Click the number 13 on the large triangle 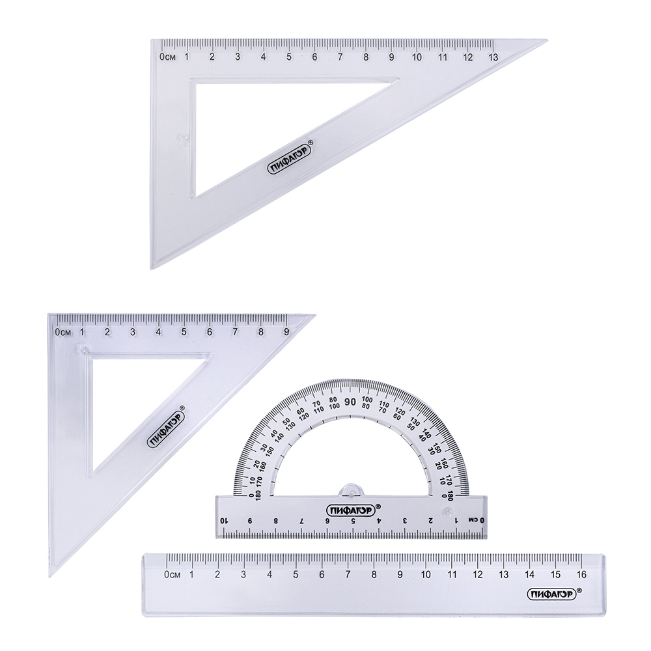(493, 57)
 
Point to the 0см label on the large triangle (167, 57)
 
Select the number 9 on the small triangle (286, 332)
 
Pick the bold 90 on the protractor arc (350, 402)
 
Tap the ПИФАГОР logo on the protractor (351, 509)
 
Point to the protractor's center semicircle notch (352, 490)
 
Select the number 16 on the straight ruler (581, 574)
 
